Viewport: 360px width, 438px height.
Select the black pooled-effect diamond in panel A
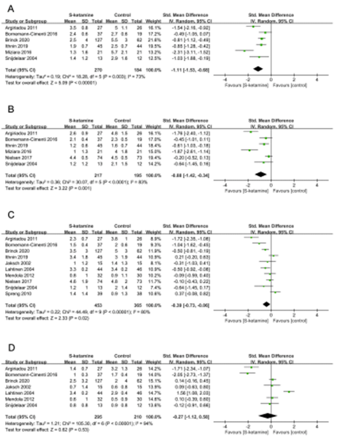tap(258, 68)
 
